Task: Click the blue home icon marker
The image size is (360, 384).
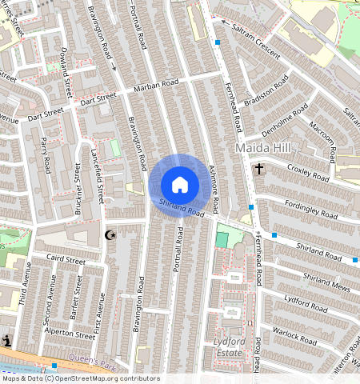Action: [180, 185]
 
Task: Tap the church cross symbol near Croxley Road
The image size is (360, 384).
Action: [259, 169]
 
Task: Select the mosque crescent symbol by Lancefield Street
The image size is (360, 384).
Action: [111, 235]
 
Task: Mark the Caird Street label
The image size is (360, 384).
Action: [65, 260]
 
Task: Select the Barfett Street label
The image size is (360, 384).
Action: [74, 298]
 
